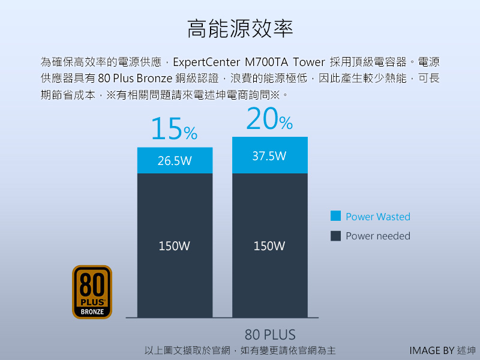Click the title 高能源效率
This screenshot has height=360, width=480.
pos(240,29)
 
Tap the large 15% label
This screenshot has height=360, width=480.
pos(173,129)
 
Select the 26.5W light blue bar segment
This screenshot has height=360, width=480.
pos(175,160)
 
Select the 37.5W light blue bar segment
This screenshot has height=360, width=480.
pos(269,155)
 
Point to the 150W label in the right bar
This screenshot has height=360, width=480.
pos(269,245)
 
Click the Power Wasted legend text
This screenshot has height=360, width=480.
pos(378,217)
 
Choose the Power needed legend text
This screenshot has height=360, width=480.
pos(378,236)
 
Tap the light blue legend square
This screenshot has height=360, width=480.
pos(336,216)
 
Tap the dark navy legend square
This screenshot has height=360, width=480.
pos(336,236)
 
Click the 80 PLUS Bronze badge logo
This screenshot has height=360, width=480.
pos(92,292)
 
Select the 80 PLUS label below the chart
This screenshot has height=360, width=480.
pos(270,334)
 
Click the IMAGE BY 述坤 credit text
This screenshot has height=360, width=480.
pos(443,350)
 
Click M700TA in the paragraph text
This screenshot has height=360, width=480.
pos(266,62)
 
